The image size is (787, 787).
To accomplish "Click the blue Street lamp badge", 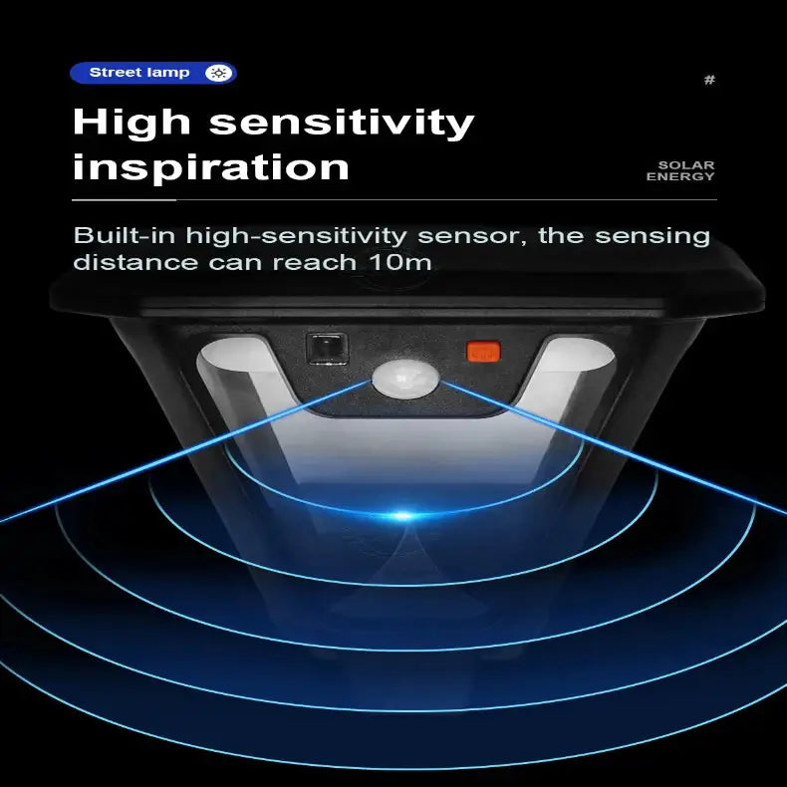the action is pyautogui.click(x=153, y=73).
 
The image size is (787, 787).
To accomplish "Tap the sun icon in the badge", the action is pyautogui.click(x=218, y=73).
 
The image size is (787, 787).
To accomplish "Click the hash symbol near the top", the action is pyautogui.click(x=709, y=80).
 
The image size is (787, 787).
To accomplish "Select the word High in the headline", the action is pyautogui.click(x=132, y=123).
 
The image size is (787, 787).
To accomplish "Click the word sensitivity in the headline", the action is pyautogui.click(x=342, y=123).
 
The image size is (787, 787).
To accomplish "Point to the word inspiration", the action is pyautogui.click(x=211, y=167).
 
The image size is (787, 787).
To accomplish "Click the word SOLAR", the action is pyautogui.click(x=686, y=165).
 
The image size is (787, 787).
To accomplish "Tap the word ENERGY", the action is pyautogui.click(x=680, y=176).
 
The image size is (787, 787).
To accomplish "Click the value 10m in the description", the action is pyautogui.click(x=400, y=263).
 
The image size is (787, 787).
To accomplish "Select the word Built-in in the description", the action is pyautogui.click(x=125, y=235).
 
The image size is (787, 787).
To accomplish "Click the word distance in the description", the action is pyautogui.click(x=135, y=263).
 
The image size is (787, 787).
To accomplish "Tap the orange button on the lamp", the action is pyautogui.click(x=484, y=352).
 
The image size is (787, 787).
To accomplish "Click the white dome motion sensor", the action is pyautogui.click(x=405, y=379).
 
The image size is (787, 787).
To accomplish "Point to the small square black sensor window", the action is pyautogui.click(x=327, y=349).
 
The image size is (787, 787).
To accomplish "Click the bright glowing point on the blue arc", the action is pyautogui.click(x=402, y=515).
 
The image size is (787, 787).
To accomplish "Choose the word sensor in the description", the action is pyautogui.click(x=472, y=236).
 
